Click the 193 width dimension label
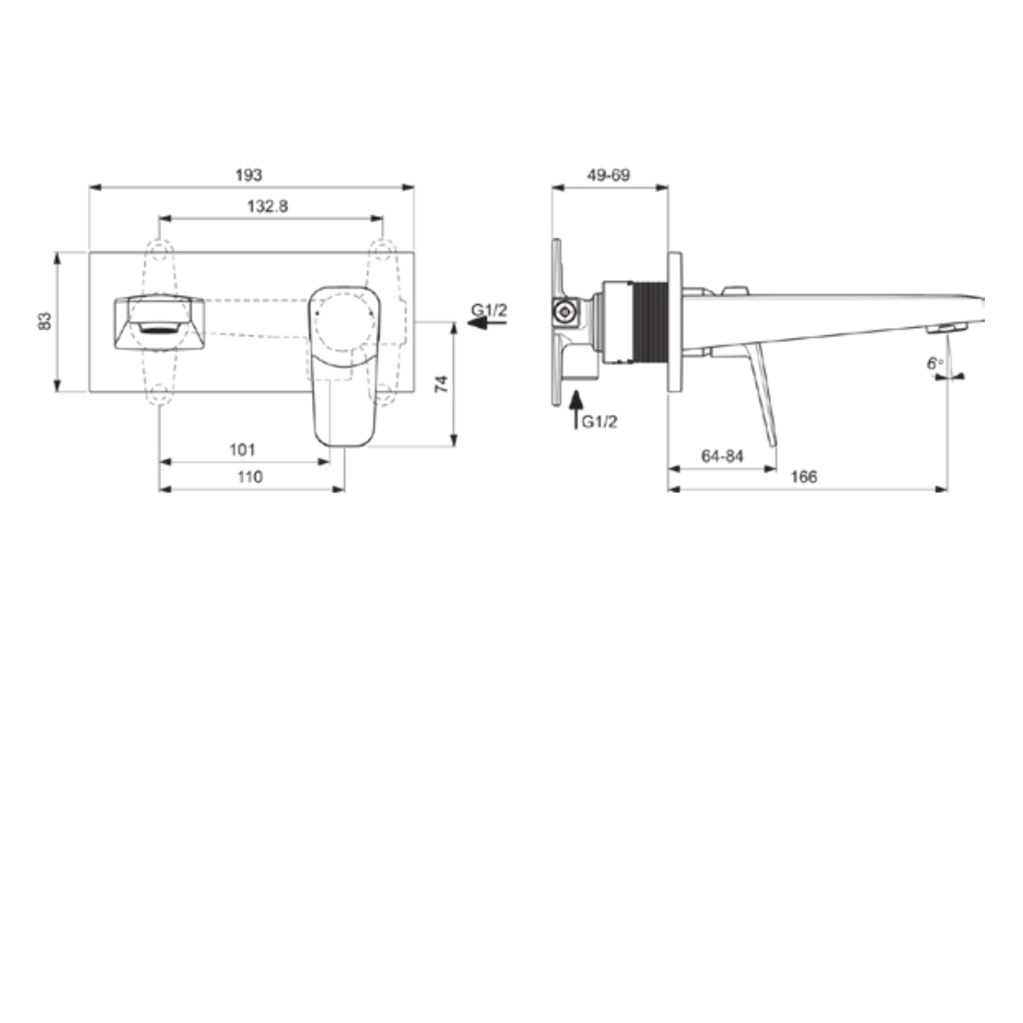coord(248,175)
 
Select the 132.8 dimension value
coord(268,207)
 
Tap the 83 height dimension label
coord(44,321)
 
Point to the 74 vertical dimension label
coord(441,384)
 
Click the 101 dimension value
coord(242,449)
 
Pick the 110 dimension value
coord(250,477)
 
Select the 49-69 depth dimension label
coord(609,175)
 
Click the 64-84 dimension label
coord(722,456)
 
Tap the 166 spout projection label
coord(804,477)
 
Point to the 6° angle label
coord(935,363)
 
